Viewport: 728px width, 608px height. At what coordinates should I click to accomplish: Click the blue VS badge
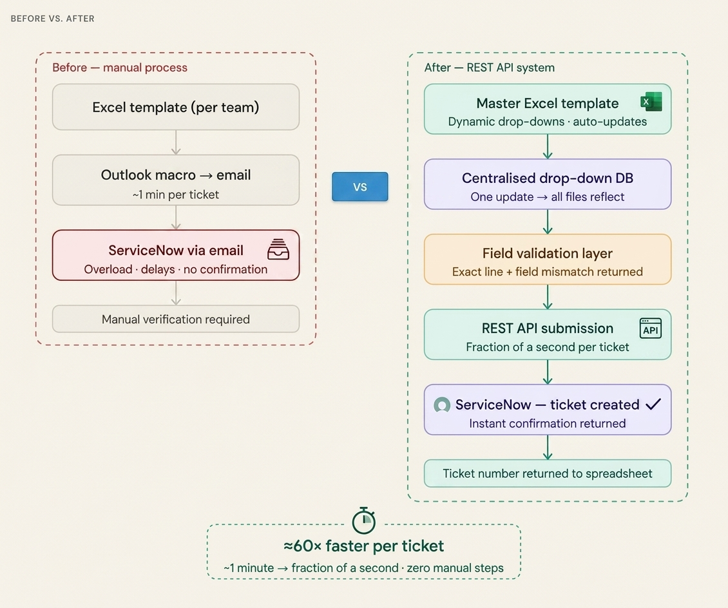click(359, 187)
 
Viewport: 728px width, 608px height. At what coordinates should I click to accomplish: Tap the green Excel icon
click(651, 102)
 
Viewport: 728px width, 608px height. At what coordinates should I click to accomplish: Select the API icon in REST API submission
click(650, 328)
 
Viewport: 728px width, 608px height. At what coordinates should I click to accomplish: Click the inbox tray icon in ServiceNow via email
click(278, 249)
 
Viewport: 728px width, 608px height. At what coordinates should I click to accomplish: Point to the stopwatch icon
click(363, 520)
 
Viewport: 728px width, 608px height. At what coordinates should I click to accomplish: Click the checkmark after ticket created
click(653, 404)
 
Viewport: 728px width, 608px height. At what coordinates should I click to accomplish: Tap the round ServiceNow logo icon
click(442, 405)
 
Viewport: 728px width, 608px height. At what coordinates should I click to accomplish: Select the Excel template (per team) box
click(175, 108)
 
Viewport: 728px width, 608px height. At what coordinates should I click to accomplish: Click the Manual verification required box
click(175, 319)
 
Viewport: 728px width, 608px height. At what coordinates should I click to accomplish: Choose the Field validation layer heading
click(547, 254)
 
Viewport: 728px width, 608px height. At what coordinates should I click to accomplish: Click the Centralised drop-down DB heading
click(547, 178)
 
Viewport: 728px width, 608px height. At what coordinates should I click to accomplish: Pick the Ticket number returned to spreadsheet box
click(547, 474)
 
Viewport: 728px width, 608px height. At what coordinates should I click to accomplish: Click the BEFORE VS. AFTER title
click(53, 19)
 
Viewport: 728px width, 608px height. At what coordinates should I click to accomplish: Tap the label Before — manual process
click(120, 68)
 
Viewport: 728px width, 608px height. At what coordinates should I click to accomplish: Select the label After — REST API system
click(489, 68)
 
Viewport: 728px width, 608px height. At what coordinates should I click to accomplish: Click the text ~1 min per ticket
click(175, 195)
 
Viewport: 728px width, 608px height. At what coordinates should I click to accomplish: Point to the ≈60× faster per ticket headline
click(363, 546)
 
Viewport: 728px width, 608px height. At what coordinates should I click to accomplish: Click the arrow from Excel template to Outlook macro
click(176, 142)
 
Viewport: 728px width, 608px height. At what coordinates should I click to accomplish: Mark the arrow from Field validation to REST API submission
click(548, 297)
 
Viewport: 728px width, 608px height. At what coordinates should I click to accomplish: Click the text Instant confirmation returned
click(547, 423)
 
